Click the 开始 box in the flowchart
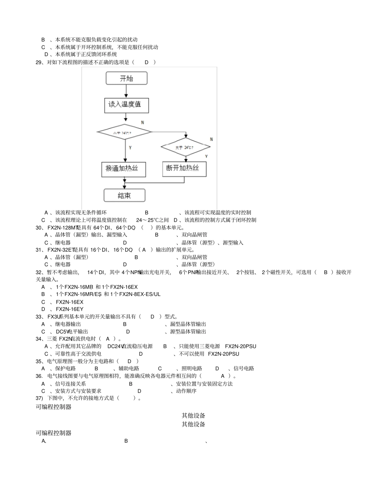pyautogui.click(x=126, y=78)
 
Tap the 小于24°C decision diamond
pyautogui.click(x=124, y=132)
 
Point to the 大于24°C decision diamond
pyautogui.click(x=186, y=147)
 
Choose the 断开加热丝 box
pyautogui.click(x=184, y=168)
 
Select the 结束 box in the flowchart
pyautogui.click(x=124, y=195)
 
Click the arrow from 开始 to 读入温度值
pyautogui.click(x=126, y=91)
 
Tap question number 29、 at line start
pyautogui.click(x=40, y=62)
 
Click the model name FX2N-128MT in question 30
pyautogui.click(x=63, y=228)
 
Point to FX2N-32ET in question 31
pyautogui.click(x=61, y=250)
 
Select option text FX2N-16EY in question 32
pyautogui.click(x=70, y=309)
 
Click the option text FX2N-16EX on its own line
pyautogui.click(x=70, y=302)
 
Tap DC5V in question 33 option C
pyautogui.click(x=63, y=331)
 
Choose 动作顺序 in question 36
pyautogui.click(x=186, y=391)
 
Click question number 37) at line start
pyautogui.click(x=39, y=398)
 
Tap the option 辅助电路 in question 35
pyautogui.click(x=128, y=368)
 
